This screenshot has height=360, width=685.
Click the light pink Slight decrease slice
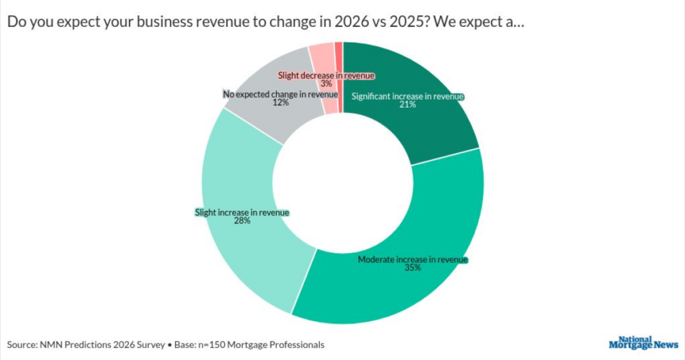(322, 57)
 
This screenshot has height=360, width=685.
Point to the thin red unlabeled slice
(339, 50)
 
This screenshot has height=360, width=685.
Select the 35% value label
(413, 268)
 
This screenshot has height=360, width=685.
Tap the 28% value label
(241, 221)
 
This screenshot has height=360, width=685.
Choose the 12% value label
(280, 103)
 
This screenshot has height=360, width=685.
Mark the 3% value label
(326, 84)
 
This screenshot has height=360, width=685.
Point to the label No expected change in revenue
(280, 94)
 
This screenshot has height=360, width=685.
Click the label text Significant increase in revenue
(407, 96)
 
